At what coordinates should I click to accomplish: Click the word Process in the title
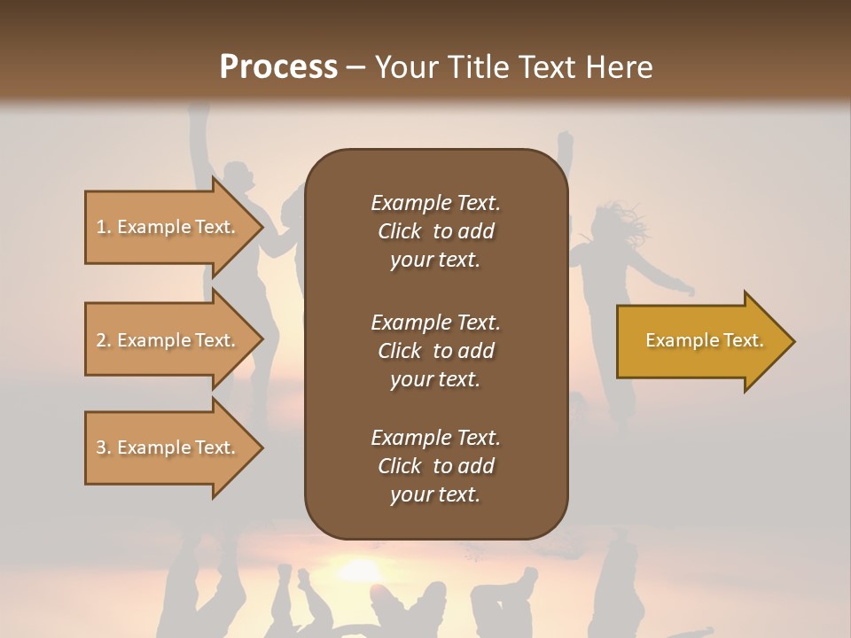tap(278, 67)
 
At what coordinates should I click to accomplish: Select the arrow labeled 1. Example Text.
tap(168, 227)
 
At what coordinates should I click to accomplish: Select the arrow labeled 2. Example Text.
tap(168, 340)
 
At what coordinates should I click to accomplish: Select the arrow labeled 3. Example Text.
tap(168, 447)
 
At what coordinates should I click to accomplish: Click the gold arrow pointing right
tap(700, 341)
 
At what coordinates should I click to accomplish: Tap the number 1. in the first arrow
tap(103, 227)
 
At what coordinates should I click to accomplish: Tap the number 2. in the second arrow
tap(103, 340)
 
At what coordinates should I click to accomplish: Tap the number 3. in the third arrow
tap(103, 447)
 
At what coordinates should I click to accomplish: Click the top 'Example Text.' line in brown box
tap(435, 203)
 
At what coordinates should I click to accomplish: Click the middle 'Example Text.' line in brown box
tap(435, 322)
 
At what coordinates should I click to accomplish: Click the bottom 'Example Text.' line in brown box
tap(435, 438)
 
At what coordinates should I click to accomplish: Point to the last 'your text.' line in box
tap(435, 495)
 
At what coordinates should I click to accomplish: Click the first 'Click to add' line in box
tap(435, 231)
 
